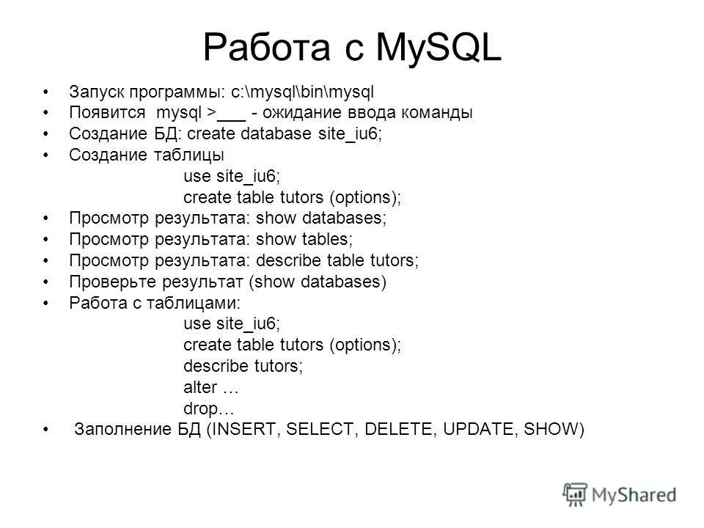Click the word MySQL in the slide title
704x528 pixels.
coord(439,49)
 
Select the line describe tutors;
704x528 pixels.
coord(243,365)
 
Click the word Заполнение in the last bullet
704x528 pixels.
coord(121,430)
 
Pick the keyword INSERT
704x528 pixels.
coord(243,430)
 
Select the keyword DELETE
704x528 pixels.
coord(396,430)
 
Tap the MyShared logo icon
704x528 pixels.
coord(576,494)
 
